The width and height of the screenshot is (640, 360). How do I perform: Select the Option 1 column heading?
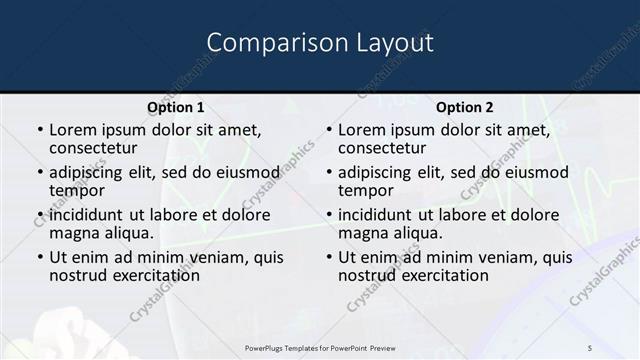coord(176,107)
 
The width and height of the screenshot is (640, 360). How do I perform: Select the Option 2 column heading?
coord(465,107)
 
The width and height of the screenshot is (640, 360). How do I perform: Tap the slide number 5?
coord(590,347)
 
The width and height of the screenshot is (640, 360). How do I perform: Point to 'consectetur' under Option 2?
coord(382,148)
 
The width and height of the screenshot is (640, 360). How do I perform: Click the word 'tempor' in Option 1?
coord(76,190)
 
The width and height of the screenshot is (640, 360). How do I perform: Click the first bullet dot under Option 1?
coord(40,130)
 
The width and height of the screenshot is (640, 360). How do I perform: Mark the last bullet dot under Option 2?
coord(329,257)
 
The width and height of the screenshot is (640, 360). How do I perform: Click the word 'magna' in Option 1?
coord(74,232)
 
